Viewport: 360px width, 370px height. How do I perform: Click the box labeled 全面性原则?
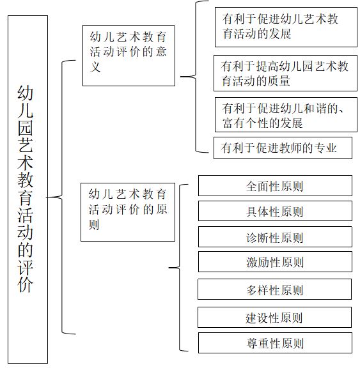[x=275, y=185]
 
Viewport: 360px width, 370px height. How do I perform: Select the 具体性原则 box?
[x=275, y=211]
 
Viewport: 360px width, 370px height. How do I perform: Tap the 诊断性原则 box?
[x=275, y=236]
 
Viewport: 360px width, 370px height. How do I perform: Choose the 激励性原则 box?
[x=275, y=262]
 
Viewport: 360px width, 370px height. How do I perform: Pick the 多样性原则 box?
[x=274, y=289]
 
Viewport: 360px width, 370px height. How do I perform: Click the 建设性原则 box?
[x=274, y=317]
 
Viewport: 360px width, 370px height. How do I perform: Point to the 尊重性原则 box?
[x=275, y=343]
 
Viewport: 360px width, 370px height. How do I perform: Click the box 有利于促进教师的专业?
[x=283, y=148]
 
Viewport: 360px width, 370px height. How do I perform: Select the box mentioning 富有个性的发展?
[x=286, y=114]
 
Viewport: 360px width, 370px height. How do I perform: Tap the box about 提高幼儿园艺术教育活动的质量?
[x=285, y=73]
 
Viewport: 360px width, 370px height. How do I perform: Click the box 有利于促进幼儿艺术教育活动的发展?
[x=286, y=27]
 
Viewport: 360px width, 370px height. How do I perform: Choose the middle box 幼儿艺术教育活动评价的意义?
[x=129, y=56]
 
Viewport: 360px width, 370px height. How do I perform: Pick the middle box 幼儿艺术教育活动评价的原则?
[x=128, y=212]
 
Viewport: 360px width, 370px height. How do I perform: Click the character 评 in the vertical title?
[x=26, y=267]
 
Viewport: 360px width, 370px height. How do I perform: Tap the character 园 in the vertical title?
[x=26, y=128]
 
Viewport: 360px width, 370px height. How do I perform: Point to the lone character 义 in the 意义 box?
[x=95, y=66]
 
